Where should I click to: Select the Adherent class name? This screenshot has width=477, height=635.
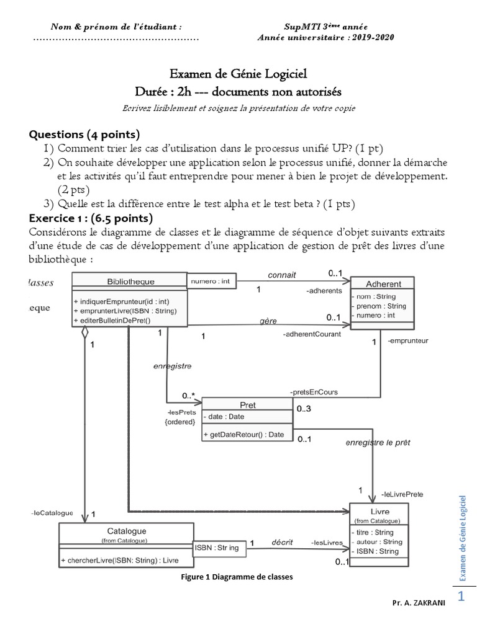point(383,284)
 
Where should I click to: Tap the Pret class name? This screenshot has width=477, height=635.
point(247,405)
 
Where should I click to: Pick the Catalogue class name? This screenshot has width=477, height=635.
point(126,531)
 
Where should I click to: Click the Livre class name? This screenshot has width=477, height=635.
point(380,512)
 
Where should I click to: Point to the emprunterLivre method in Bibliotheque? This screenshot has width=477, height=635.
point(124,311)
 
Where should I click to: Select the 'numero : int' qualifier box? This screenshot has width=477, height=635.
point(211,282)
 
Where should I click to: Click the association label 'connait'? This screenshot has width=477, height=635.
point(282,274)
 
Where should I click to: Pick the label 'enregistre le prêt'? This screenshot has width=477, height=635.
point(378,443)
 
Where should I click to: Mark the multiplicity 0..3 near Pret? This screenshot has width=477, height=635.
point(304,409)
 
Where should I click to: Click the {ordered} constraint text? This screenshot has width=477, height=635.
point(180,422)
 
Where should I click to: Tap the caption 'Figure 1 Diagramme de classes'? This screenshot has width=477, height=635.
point(236,577)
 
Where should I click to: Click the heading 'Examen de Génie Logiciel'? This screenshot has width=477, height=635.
point(238,75)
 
